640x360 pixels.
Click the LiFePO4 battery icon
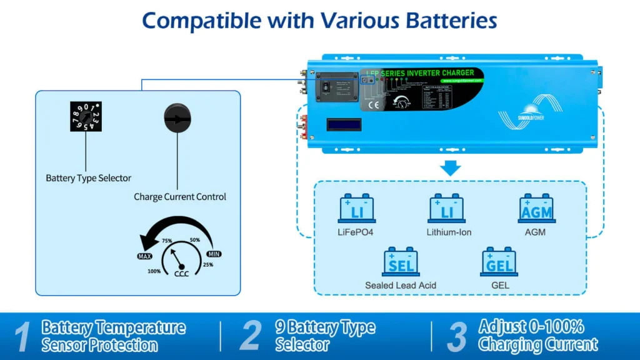tap(356, 209)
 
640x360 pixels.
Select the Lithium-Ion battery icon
tap(446, 209)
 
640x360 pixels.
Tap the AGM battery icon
tap(536, 209)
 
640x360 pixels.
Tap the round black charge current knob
tap(177, 118)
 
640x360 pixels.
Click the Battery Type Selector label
tap(89, 178)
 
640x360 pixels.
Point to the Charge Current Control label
tap(180, 197)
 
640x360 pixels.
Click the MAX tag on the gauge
tap(145, 256)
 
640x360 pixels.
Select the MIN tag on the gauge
tap(214, 254)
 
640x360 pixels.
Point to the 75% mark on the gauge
tap(167, 241)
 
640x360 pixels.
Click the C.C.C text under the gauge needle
tap(181, 272)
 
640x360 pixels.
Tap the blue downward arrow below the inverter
tap(450, 167)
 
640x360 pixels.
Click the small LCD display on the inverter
tap(344, 124)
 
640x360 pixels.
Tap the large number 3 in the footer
tap(457, 336)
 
